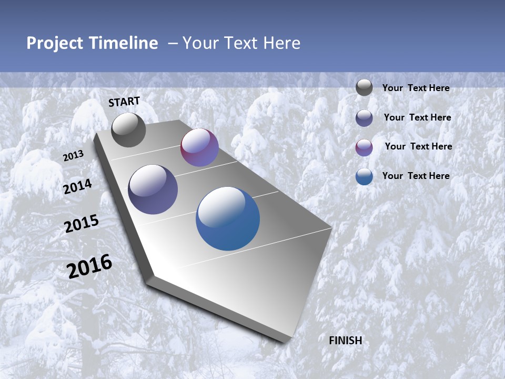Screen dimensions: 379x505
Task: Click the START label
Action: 124,102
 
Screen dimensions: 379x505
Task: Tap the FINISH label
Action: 346,341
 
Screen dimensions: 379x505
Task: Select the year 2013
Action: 73,156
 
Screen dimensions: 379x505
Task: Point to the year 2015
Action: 82,224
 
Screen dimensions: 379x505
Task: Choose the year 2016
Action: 89,266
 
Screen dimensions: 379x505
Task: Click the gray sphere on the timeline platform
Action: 128,129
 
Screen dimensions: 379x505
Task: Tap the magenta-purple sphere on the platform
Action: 199,147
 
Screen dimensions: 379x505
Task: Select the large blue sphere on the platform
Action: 228,218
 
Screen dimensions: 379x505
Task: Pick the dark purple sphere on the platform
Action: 153,189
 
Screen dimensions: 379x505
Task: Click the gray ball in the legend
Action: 364,87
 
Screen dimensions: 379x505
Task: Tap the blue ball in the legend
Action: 364,176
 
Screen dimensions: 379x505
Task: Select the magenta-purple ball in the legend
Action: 364,147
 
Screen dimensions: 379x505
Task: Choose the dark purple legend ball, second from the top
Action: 364,118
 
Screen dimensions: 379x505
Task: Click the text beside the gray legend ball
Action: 416,88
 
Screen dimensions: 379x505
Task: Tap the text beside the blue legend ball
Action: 416,176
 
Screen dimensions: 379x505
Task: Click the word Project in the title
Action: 54,43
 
